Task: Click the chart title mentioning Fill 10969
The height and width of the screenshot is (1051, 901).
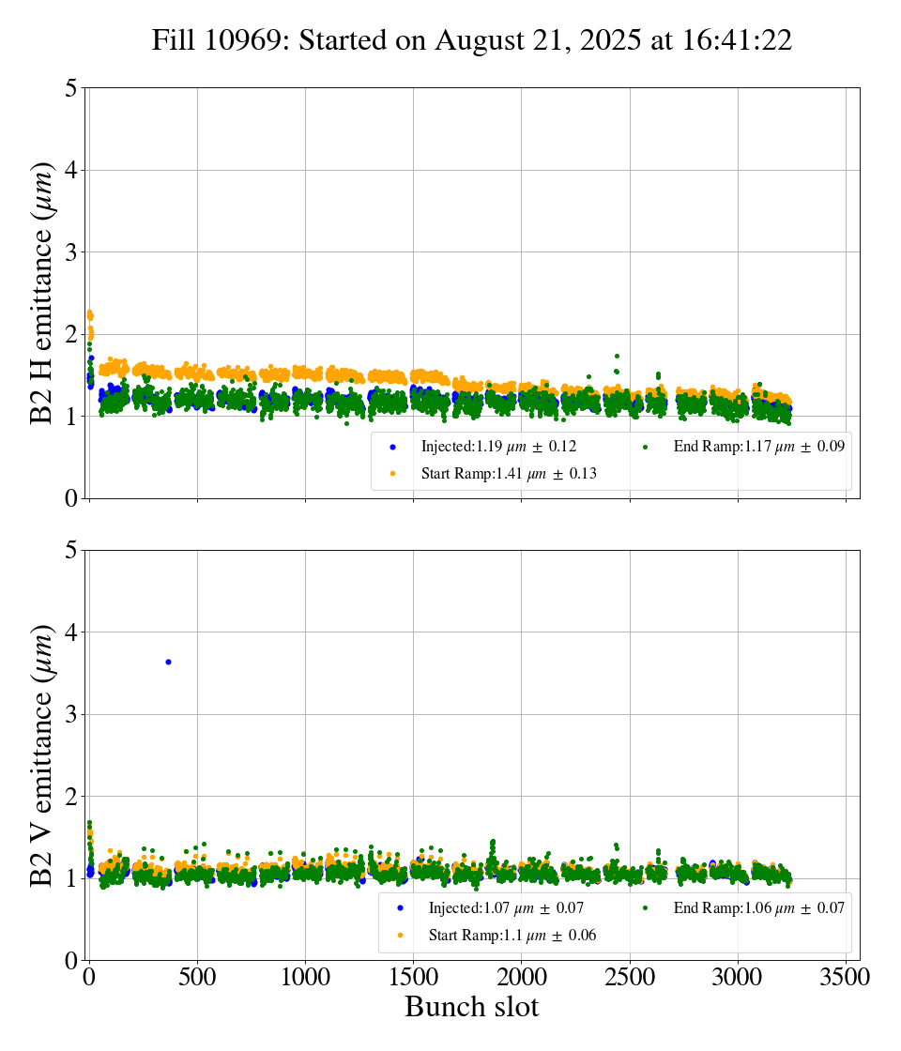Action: point(472,40)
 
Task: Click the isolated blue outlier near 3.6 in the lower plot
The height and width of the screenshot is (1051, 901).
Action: point(168,662)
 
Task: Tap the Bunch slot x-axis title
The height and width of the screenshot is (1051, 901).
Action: point(472,1008)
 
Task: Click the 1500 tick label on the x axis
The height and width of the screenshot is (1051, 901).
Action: point(414,977)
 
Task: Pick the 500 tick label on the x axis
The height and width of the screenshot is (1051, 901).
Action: point(197,977)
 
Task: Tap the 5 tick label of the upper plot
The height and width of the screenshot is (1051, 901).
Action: point(71,88)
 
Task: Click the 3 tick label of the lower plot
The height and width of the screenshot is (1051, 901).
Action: point(71,715)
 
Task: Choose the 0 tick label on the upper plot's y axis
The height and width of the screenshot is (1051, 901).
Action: point(71,498)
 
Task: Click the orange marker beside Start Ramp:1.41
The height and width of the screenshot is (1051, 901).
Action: point(392,474)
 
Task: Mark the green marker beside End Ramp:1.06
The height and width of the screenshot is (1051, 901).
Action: point(646,907)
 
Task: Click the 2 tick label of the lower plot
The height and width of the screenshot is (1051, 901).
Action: point(71,797)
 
